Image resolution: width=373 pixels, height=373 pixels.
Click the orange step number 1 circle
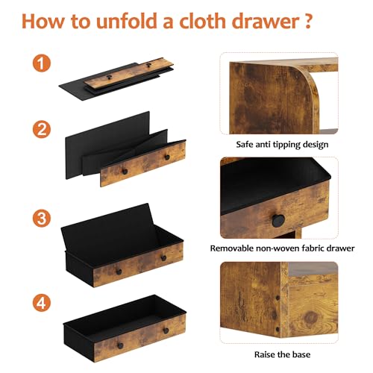[x=42, y=63]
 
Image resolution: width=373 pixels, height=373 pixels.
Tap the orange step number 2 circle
[x=42, y=129]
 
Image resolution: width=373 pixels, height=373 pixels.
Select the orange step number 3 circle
[x=42, y=218]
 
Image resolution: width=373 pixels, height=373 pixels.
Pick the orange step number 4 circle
[x=42, y=303]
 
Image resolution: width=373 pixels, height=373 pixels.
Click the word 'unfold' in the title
[x=127, y=21]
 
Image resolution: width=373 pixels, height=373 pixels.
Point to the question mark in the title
[x=308, y=21]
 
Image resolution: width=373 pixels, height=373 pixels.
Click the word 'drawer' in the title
[x=266, y=21]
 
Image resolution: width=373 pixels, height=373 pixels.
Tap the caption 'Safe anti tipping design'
[x=282, y=145]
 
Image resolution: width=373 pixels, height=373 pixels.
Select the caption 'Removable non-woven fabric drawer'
[x=282, y=248]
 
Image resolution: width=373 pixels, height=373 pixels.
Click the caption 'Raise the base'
[x=282, y=354]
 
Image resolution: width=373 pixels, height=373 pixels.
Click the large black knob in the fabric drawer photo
[x=278, y=220]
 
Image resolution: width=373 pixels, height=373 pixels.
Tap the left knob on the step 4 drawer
[x=120, y=345]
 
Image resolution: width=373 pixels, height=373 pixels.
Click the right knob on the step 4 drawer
[x=166, y=330]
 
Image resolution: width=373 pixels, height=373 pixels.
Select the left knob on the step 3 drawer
[x=119, y=272]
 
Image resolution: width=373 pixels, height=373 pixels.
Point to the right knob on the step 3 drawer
[x=163, y=258]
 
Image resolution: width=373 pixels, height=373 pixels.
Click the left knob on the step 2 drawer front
[x=125, y=172]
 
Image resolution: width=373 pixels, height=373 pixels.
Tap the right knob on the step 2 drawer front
[x=167, y=157]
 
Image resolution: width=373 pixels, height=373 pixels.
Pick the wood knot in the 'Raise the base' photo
[x=311, y=318]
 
